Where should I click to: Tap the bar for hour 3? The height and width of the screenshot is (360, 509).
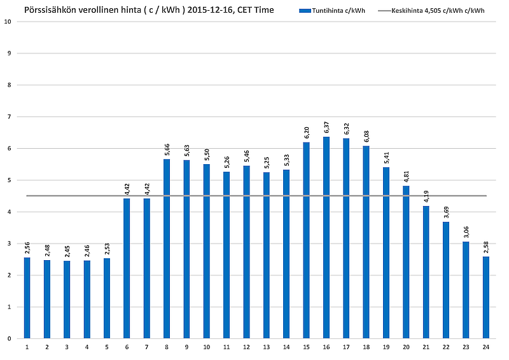67,300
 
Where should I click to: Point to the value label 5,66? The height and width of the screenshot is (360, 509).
167,149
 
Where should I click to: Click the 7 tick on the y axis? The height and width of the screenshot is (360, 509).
9,117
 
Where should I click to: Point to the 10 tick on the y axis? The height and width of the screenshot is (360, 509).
8,22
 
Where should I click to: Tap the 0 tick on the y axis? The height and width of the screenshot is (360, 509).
9,339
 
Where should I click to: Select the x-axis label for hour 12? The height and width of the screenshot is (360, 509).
246,347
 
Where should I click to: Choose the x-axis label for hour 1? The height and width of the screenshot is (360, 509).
27,347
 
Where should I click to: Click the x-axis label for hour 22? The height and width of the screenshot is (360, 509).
445,347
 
